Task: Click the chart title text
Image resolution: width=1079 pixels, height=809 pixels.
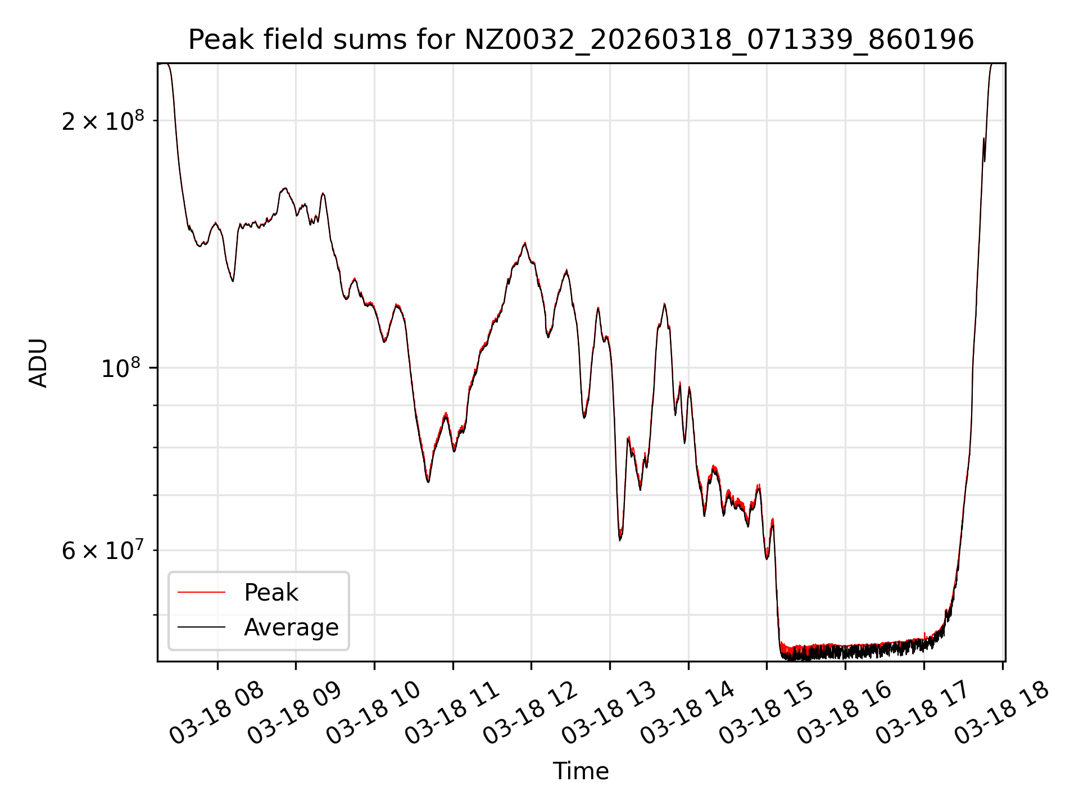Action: [581, 40]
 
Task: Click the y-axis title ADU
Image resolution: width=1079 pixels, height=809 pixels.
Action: [38, 363]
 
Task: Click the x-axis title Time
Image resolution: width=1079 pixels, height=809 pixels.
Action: [581, 771]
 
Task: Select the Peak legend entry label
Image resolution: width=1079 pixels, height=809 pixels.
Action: [271, 593]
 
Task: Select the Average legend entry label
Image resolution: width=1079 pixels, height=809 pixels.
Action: [291, 627]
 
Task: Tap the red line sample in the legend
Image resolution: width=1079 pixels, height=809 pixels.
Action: [201, 593]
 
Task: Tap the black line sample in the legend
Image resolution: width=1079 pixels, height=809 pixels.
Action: [201, 627]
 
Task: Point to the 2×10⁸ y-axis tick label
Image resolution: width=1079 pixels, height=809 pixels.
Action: [103, 121]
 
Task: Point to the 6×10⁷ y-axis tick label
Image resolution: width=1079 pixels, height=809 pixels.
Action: [103, 551]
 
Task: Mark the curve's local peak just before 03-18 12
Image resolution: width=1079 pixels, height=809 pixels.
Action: [525, 243]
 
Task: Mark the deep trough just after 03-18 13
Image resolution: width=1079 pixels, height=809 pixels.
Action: [620, 539]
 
